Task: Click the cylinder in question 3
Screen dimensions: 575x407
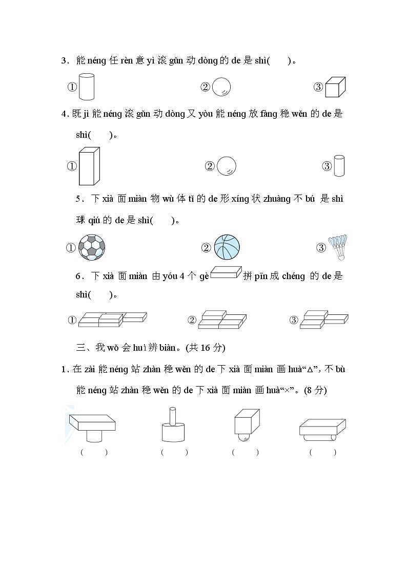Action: click(x=88, y=87)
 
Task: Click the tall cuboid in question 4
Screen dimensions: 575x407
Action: click(x=89, y=166)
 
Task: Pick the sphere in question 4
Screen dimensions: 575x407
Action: click(x=227, y=166)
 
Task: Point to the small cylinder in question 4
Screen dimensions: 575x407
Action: click(x=339, y=166)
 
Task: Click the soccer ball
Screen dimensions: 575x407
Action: click(x=92, y=247)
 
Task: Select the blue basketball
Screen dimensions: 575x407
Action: click(x=227, y=247)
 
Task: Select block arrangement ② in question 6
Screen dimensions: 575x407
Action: click(x=222, y=320)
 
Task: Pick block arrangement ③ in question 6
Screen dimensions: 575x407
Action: click(x=323, y=319)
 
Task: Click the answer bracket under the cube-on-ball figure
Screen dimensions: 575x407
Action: click(x=245, y=452)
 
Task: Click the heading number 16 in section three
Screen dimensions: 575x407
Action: click(x=206, y=348)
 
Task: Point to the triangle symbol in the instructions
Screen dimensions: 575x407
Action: click(x=309, y=370)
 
